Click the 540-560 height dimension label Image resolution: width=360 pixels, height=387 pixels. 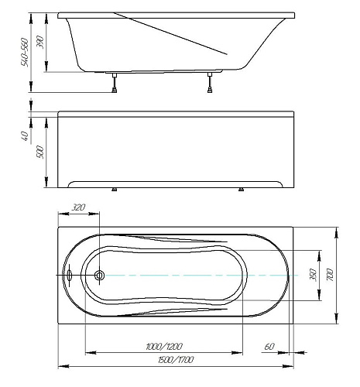(x=25, y=53)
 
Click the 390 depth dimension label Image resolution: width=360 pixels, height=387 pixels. (x=40, y=42)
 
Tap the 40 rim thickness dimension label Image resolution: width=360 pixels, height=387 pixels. (x=25, y=136)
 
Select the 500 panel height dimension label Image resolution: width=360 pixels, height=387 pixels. (x=40, y=152)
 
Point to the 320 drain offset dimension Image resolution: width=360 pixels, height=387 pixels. (x=78, y=207)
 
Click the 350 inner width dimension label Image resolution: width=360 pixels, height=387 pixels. (x=313, y=275)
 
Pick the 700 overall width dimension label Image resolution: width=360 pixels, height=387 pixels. (x=330, y=275)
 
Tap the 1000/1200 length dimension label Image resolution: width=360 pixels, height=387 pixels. (x=164, y=346)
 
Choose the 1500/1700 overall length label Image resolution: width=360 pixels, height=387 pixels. (x=176, y=360)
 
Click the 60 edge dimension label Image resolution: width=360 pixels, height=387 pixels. (x=269, y=347)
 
